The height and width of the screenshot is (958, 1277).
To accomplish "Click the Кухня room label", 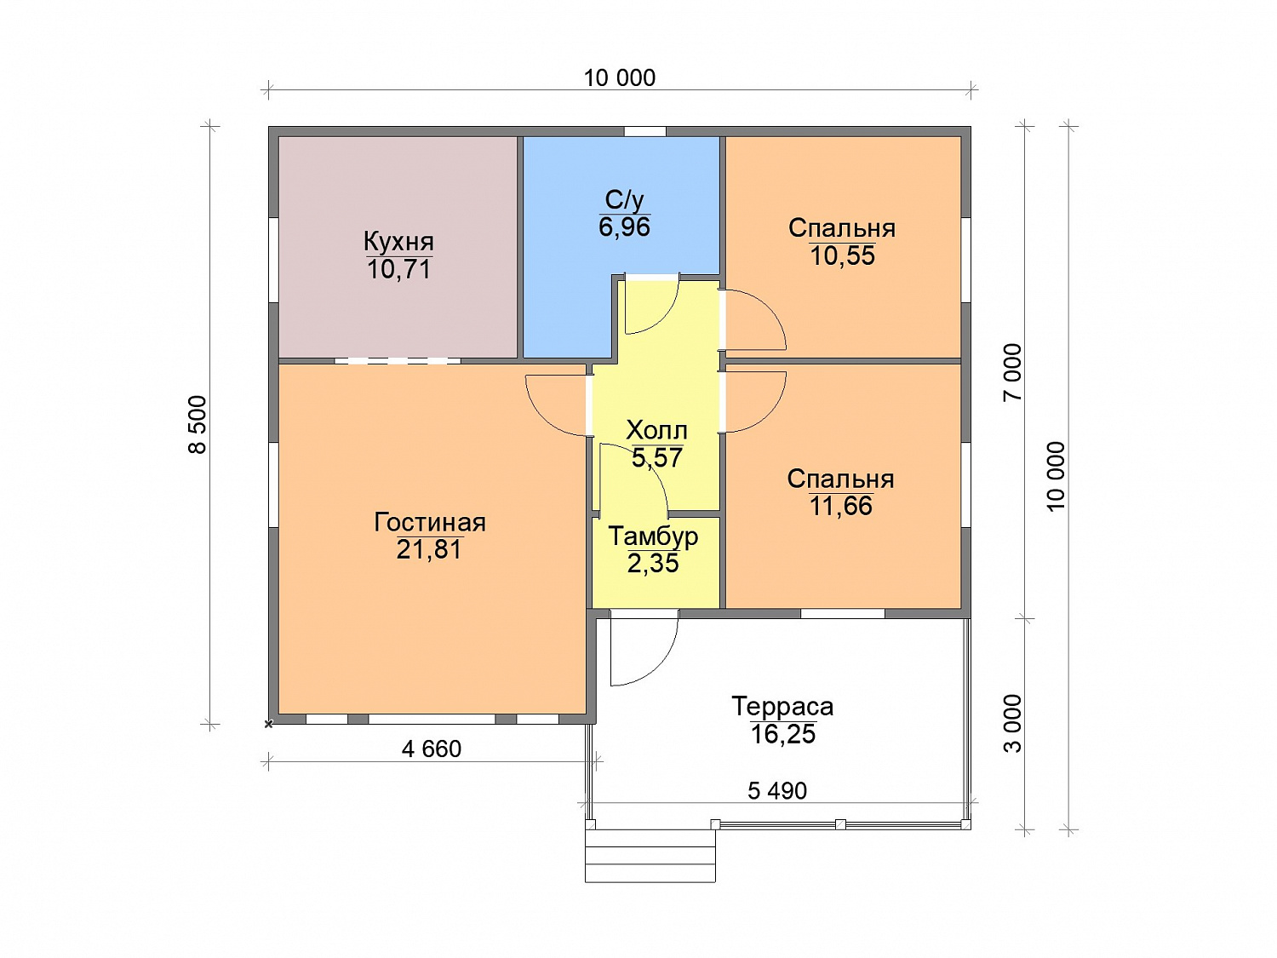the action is point(398,241).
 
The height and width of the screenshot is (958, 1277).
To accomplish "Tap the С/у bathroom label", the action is point(624,201).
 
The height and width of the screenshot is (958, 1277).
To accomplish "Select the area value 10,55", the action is point(842,256).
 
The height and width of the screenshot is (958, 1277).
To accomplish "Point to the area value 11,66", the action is point(840,506).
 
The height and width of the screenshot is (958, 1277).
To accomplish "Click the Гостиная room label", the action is point(429,522).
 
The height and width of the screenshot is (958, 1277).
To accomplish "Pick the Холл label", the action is point(656,431).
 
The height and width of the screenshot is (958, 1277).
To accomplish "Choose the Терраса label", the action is point(782,707).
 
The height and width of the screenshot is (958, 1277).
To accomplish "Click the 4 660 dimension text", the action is point(431,749).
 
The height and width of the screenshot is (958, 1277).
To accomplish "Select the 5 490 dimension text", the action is point(777,791).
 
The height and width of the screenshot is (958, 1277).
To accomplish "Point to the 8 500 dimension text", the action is point(198,425).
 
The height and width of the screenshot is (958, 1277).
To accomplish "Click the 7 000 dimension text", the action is point(1012,372).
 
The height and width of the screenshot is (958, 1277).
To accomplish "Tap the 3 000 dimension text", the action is point(1012,724).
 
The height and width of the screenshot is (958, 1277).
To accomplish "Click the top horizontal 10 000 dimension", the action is point(620,78).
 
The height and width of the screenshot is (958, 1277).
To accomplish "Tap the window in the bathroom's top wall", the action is point(644,131).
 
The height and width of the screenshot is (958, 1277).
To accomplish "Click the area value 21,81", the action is point(429,549).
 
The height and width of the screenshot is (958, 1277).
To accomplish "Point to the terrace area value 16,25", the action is point(782,734).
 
